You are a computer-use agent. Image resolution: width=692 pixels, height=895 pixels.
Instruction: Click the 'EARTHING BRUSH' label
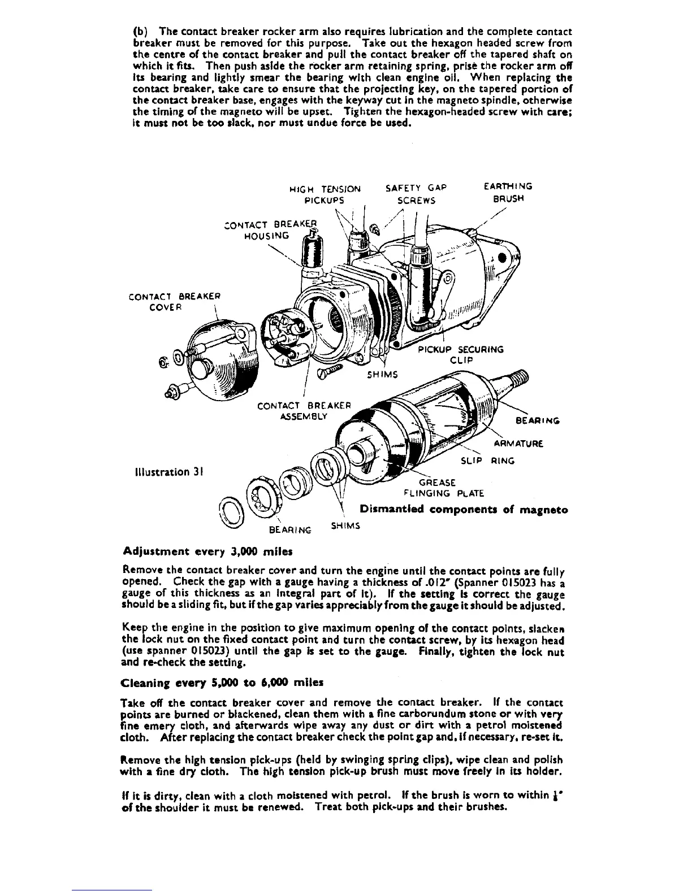coord(508,192)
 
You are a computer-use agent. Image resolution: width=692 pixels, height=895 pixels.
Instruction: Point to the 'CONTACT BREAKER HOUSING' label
coord(267,229)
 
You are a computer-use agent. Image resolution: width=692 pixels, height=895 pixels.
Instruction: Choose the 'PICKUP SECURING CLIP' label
coord(461,354)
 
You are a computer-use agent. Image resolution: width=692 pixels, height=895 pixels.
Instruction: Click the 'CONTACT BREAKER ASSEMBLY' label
coord(304,411)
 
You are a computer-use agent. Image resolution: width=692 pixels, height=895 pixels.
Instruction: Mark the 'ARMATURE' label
coord(519,444)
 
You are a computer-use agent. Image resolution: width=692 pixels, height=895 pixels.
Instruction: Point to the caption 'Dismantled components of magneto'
coord(464,510)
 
